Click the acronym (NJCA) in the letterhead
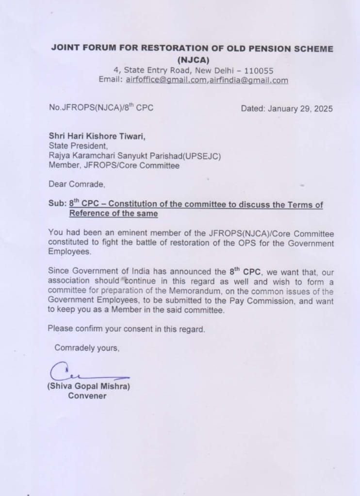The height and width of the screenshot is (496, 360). [x=192, y=60]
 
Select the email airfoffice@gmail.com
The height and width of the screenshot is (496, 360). [x=166, y=80]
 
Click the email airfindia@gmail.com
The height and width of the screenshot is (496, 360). [x=248, y=80]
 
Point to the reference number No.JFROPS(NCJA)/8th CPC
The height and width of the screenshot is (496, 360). [x=101, y=108]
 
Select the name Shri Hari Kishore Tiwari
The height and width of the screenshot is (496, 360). [x=97, y=136]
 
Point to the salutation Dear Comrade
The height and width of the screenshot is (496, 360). [x=77, y=184]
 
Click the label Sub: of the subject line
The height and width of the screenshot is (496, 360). [x=57, y=204]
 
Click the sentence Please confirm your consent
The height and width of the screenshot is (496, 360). [x=126, y=329]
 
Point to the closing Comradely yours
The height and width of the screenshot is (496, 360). [x=86, y=347]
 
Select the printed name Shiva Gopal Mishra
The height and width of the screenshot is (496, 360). [x=88, y=386]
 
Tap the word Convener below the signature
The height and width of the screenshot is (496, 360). [x=87, y=396]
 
